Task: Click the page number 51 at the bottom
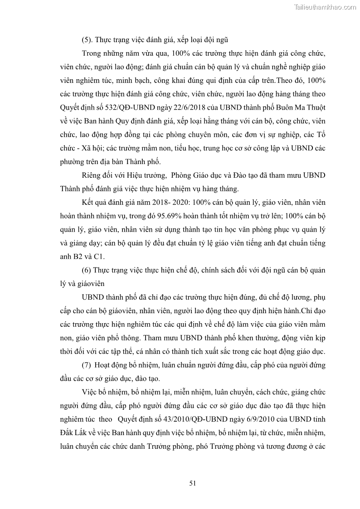(192, 483)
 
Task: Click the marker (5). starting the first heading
(88, 40)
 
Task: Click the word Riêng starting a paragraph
(92, 175)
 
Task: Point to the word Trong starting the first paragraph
(92, 53)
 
